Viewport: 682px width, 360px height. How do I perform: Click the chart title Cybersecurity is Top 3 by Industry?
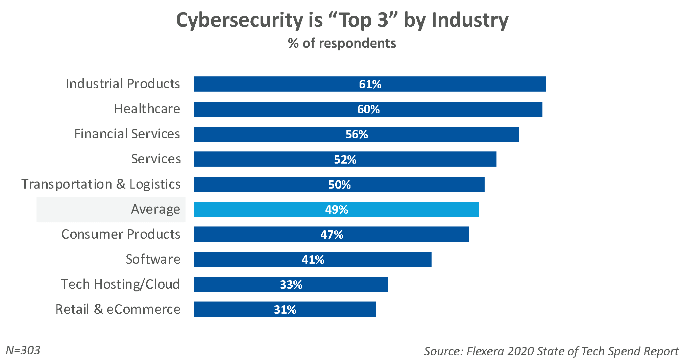click(x=342, y=20)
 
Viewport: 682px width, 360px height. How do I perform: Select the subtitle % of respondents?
click(x=342, y=43)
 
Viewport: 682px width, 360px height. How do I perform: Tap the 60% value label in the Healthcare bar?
click(x=368, y=109)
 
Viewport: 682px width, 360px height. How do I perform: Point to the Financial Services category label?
click(x=127, y=134)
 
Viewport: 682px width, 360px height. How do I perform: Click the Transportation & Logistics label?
click(x=101, y=184)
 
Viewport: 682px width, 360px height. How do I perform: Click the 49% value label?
click(x=337, y=210)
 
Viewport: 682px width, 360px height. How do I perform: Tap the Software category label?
click(x=153, y=259)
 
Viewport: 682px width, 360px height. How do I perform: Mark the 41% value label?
click(x=313, y=260)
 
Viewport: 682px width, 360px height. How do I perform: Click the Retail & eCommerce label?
click(x=118, y=309)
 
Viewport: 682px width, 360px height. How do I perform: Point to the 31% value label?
click(x=285, y=310)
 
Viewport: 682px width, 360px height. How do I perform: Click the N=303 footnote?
click(x=23, y=350)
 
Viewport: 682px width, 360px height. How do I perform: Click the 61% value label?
click(x=370, y=84)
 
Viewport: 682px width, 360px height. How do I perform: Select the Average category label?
click(x=155, y=209)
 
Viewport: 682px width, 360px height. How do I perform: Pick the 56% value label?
click(x=357, y=135)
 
